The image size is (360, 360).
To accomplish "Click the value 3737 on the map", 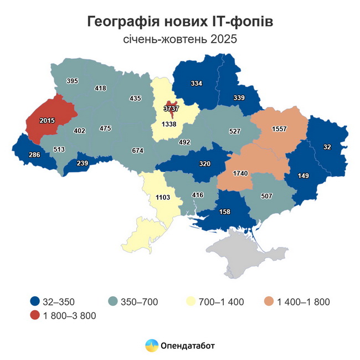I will tap(171, 109).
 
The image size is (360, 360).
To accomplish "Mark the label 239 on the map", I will tap(82, 163).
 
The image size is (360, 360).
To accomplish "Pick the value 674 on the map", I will tap(138, 150).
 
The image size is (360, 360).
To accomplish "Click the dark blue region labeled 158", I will tap(224, 211).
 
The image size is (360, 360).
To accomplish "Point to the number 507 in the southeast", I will tap(265, 195).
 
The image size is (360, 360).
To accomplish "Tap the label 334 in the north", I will tap(196, 83).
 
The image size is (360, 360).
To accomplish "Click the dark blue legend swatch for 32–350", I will tap(35, 302).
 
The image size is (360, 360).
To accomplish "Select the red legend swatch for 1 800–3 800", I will tap(35, 316).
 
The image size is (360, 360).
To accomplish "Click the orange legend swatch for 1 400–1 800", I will tap(269, 302).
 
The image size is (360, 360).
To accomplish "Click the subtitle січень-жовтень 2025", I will tap(180, 39).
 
